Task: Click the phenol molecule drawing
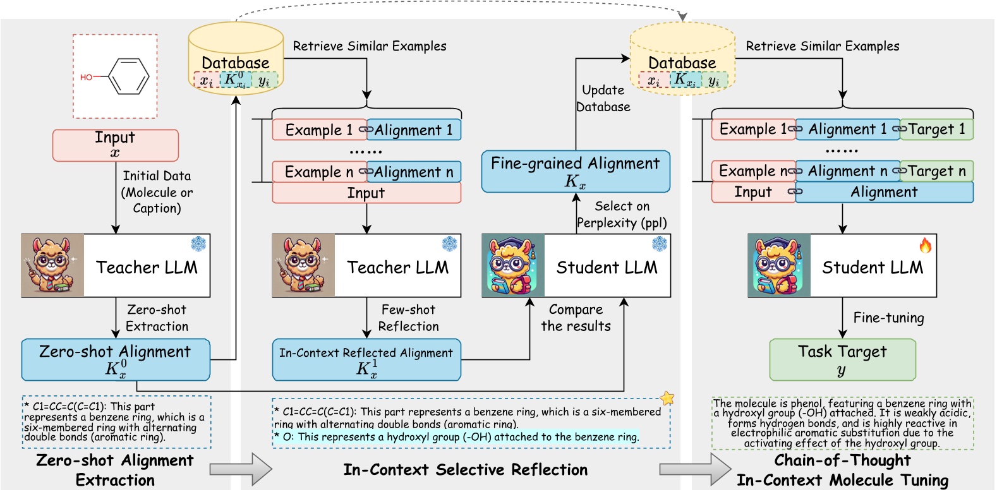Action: (116, 76)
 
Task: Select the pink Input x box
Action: (115, 145)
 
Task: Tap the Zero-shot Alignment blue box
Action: (115, 360)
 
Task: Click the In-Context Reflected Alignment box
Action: (366, 360)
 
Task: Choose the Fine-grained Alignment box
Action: (575, 171)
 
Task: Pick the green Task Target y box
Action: (842, 360)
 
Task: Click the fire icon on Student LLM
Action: (925, 246)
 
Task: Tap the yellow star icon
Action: (667, 398)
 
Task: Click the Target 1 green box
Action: (936, 129)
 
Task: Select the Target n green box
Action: (936, 171)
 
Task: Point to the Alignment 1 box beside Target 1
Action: (847, 129)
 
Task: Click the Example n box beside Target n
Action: (753, 171)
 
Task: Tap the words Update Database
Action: (603, 99)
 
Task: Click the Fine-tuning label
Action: (888, 318)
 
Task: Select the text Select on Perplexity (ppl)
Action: (622, 215)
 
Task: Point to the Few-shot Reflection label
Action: (408, 318)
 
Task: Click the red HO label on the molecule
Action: (86, 77)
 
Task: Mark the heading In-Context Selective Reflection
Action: (465, 470)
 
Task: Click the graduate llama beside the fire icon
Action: (779, 266)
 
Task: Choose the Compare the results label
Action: (576, 318)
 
